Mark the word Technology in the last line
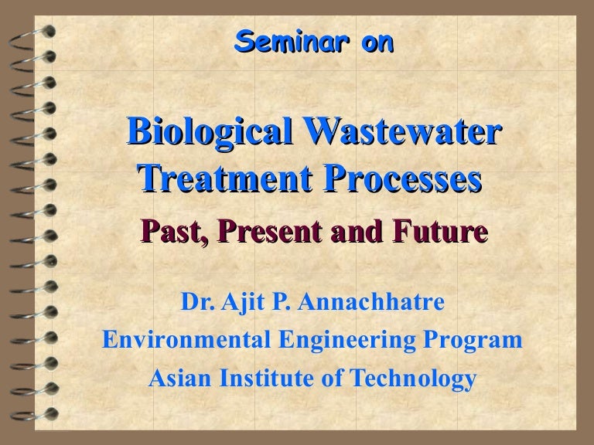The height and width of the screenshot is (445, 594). pos(418,379)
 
